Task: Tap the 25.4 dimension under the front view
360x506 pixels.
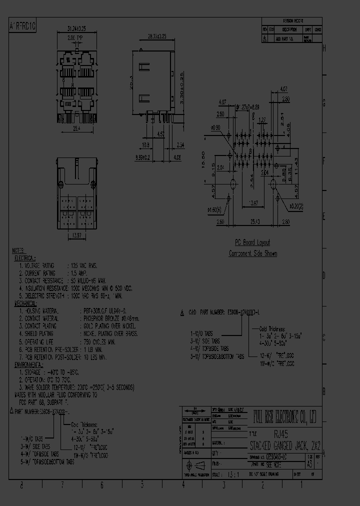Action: tap(76, 128)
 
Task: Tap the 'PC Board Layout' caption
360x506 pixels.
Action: tap(253, 241)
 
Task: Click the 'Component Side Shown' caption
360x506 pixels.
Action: tap(253, 253)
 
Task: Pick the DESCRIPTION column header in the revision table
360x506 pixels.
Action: tap(289, 29)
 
